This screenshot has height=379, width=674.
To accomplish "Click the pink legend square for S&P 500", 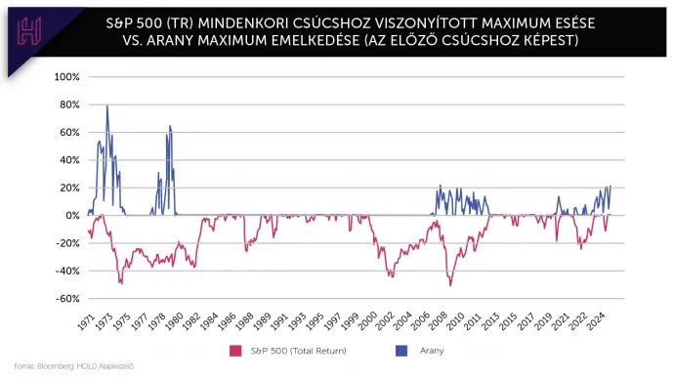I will click(x=234, y=349).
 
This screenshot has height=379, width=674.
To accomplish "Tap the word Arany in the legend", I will click(x=432, y=350).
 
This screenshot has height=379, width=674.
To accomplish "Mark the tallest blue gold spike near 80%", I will click(x=107, y=106).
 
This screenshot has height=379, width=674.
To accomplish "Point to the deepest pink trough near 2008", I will click(x=450, y=284).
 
